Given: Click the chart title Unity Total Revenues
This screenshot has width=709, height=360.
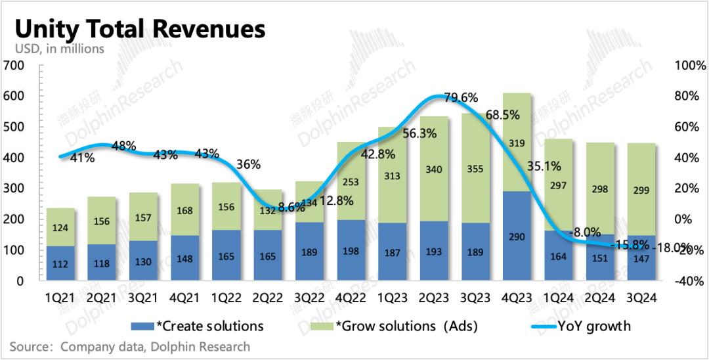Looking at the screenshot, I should (x=139, y=30).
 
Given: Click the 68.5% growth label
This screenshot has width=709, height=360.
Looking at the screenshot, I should (x=503, y=115).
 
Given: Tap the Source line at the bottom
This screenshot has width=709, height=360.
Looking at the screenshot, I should (x=130, y=346).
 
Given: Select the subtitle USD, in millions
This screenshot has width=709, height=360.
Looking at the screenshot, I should (x=60, y=49).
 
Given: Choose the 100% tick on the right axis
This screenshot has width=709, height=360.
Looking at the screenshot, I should (x=689, y=66).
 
